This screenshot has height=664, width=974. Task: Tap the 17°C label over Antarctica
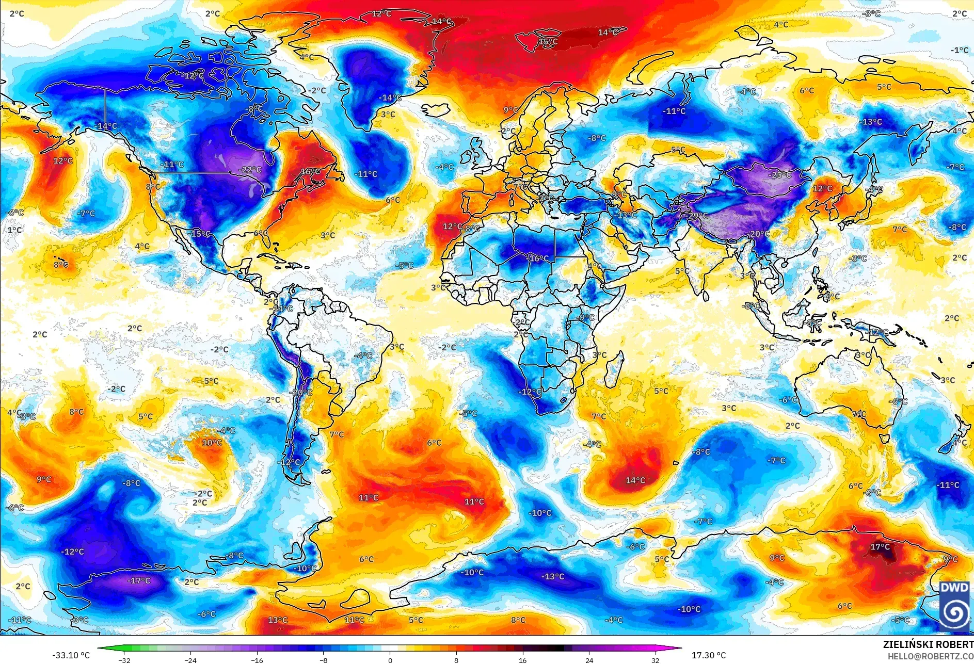[880, 547]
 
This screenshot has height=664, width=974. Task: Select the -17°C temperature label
[138, 581]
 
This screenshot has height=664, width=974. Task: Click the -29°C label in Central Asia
[698, 216]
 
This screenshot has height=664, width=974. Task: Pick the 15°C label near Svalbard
[548, 42]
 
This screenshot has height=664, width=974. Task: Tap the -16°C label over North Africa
[537, 258]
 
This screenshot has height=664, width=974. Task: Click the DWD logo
[954, 605]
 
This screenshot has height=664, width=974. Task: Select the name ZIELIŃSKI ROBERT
[928, 644]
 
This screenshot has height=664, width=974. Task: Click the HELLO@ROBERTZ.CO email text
[930, 656]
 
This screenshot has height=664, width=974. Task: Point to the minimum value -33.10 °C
[71, 655]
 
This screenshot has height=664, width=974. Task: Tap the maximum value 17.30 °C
[709, 655]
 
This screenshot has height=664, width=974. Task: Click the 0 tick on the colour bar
[390, 660]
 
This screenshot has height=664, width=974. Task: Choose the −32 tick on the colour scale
[124, 660]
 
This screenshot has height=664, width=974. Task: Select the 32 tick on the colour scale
[656, 660]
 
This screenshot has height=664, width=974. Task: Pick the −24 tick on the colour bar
[190, 660]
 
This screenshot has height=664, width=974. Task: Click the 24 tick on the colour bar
[589, 660]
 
